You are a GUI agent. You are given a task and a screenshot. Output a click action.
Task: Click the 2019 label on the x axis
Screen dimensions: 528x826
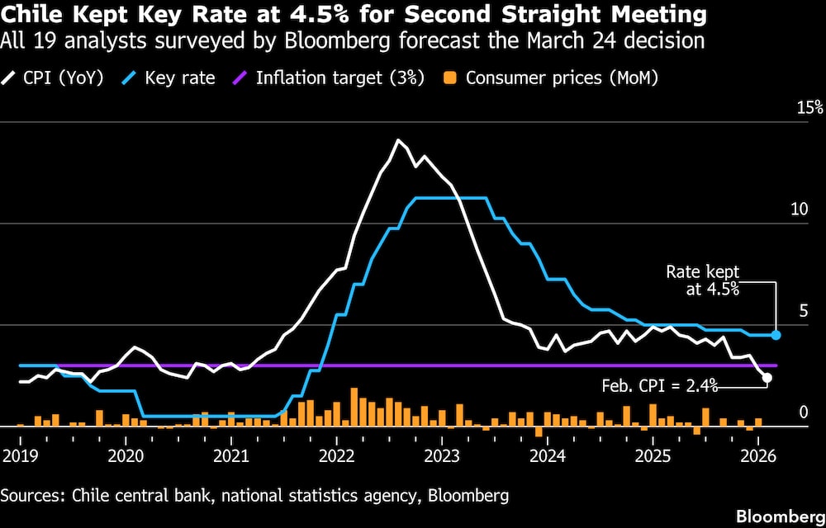click(x=17, y=455)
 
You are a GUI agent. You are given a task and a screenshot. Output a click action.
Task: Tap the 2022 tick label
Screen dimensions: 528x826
click(x=337, y=455)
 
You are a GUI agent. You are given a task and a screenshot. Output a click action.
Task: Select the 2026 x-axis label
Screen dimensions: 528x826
click(x=758, y=455)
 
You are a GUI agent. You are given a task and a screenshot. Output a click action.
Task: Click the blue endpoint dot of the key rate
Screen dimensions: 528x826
click(x=776, y=335)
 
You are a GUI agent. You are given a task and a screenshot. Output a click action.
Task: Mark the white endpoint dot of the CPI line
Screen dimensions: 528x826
click(x=767, y=377)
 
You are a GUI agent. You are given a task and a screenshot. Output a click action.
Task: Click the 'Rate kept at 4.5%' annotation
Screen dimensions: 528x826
click(x=703, y=280)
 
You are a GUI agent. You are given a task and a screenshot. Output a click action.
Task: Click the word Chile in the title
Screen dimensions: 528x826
click(x=27, y=15)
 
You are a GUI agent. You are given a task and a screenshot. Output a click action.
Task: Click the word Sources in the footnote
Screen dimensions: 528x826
click(x=32, y=495)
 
